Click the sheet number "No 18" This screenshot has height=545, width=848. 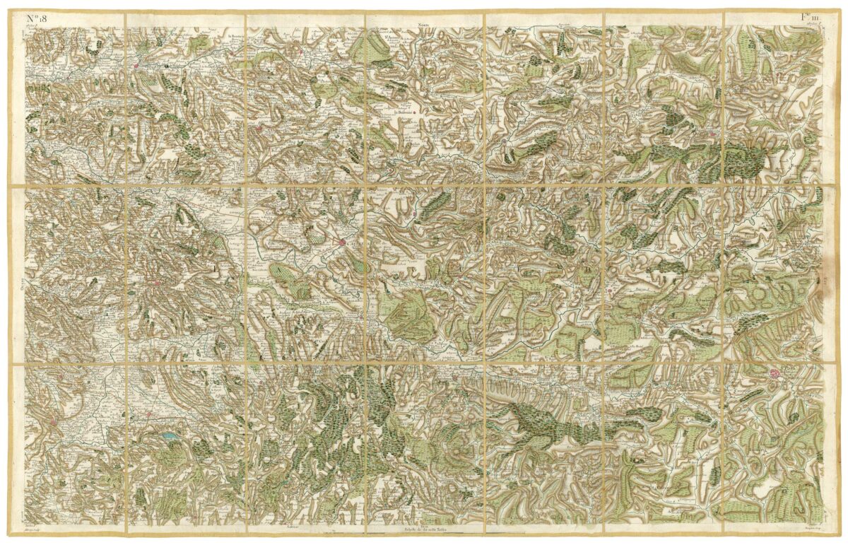click(x=36, y=19)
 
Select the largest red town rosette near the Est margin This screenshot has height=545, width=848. click(x=775, y=373)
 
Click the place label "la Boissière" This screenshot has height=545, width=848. click(x=404, y=111)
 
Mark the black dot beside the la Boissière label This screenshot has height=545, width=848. click(x=416, y=111)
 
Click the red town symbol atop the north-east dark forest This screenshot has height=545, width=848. click(x=712, y=133)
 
